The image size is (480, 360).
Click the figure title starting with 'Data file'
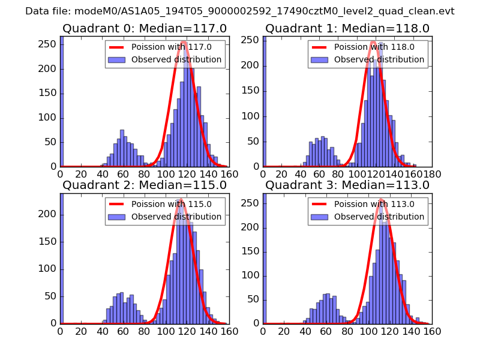[240, 11]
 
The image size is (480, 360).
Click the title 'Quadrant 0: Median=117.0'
[144, 28]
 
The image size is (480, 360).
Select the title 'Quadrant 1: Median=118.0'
[347, 28]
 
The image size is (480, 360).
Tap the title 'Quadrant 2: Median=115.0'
[144, 185]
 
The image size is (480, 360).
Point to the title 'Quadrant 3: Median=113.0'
[347, 185]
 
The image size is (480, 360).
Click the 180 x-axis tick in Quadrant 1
[432, 174]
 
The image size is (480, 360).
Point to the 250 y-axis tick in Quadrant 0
[51, 44]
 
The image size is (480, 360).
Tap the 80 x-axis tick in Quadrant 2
[145, 331]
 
